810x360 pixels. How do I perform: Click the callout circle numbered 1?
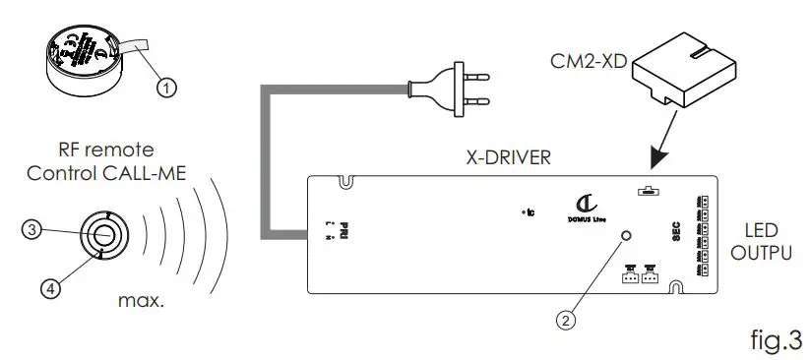point(168,88)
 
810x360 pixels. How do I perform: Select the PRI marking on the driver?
point(344,230)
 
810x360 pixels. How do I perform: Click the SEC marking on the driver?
point(677,231)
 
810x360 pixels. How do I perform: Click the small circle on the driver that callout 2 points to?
point(626,236)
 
